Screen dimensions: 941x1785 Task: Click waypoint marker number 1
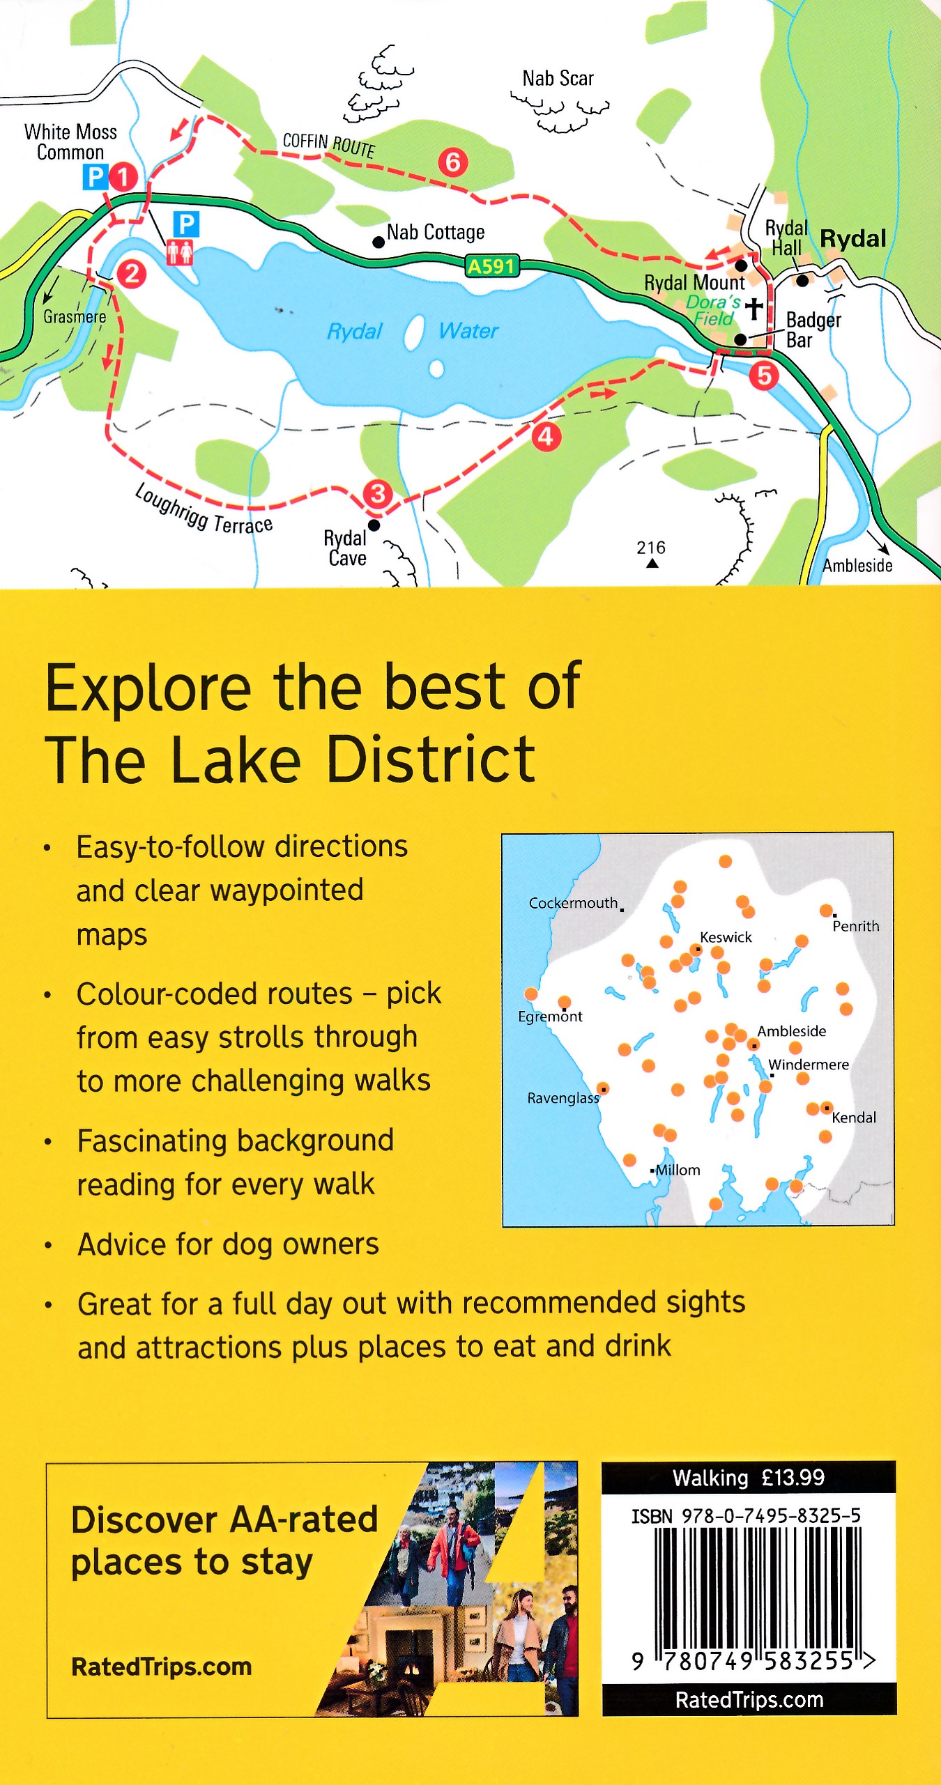pos(123,177)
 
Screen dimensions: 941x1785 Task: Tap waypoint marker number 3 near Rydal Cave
pos(378,494)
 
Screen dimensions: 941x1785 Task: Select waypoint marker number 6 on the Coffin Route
pos(453,162)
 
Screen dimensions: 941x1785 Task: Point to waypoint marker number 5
pos(764,376)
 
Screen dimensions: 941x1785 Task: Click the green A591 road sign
pos(491,266)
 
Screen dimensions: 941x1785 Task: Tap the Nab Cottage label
pos(436,232)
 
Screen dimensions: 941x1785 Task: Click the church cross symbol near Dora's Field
pos(753,308)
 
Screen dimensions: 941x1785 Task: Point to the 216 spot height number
pos(651,548)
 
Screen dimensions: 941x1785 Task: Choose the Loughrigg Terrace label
pos(204,509)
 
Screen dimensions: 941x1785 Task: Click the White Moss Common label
pos(70,142)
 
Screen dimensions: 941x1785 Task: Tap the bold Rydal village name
pos(852,239)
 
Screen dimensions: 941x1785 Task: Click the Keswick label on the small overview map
pos(726,937)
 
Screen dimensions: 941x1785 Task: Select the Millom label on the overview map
pos(678,1170)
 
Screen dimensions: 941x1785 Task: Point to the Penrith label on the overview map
pos(856,926)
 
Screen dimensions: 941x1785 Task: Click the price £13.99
pos(793,1478)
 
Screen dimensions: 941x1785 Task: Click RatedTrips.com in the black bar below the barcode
pos(749,1700)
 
